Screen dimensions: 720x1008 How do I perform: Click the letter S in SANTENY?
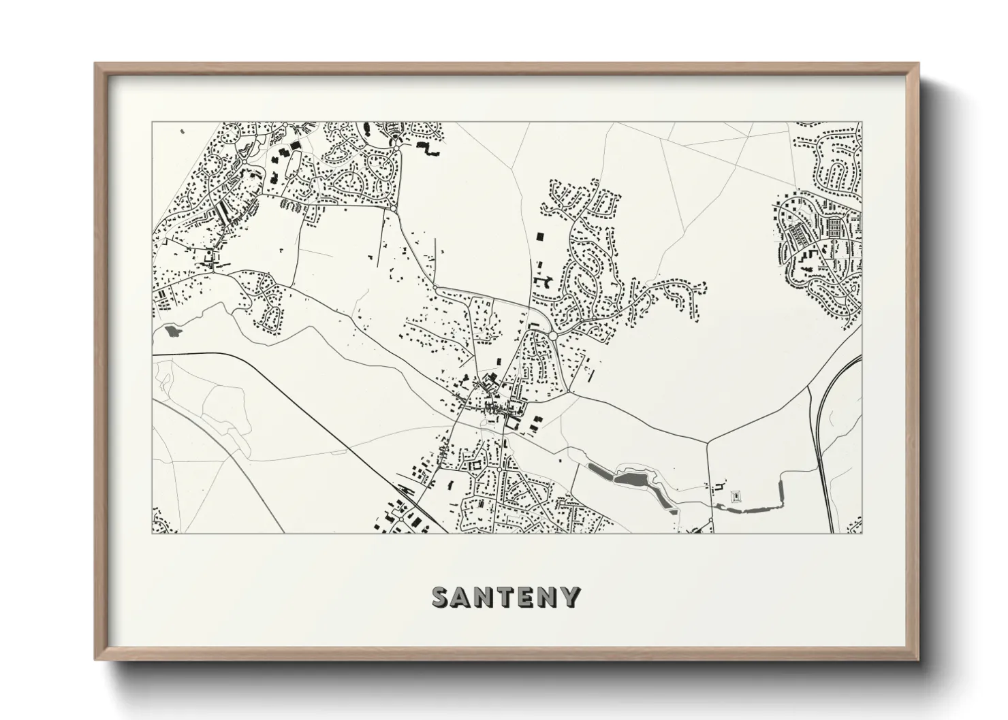442,597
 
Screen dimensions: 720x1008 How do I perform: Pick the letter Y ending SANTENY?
571,597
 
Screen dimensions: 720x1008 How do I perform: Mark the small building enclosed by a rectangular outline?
735,497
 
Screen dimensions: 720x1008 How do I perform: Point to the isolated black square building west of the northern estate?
541,236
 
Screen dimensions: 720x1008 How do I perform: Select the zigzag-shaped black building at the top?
428,149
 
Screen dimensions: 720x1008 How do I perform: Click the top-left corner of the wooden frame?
97,65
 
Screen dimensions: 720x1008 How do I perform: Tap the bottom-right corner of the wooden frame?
917,659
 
